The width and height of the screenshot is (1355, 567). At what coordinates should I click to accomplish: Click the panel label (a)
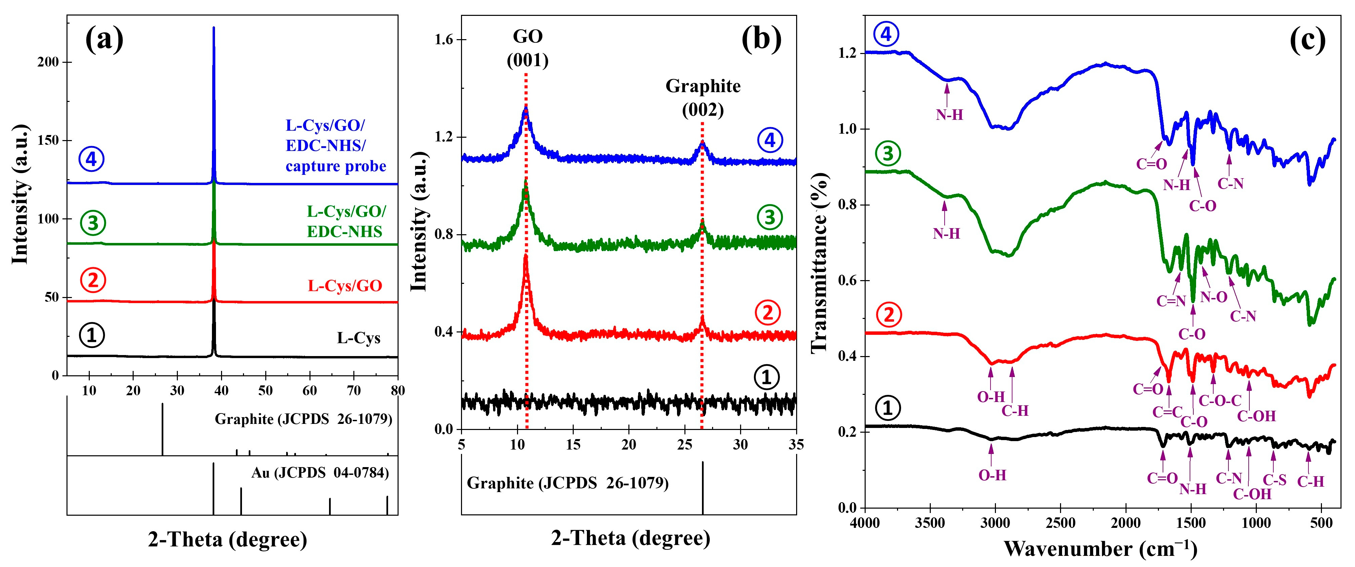pos(104,40)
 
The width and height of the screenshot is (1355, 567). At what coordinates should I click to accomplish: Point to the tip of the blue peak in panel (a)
pos(214,28)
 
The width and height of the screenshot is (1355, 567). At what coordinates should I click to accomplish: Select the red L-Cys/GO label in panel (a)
pos(345,286)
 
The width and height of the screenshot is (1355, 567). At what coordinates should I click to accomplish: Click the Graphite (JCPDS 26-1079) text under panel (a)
pos(303,419)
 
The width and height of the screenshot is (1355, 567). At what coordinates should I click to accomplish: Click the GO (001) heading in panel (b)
pos(527,48)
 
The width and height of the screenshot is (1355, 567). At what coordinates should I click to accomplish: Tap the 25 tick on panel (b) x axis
pos(684,444)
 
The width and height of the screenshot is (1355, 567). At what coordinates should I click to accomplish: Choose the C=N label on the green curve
pos(1171,301)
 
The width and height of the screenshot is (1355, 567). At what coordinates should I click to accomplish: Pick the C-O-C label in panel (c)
pos(1220,401)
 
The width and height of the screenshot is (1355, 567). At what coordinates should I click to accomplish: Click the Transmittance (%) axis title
pos(819,263)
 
